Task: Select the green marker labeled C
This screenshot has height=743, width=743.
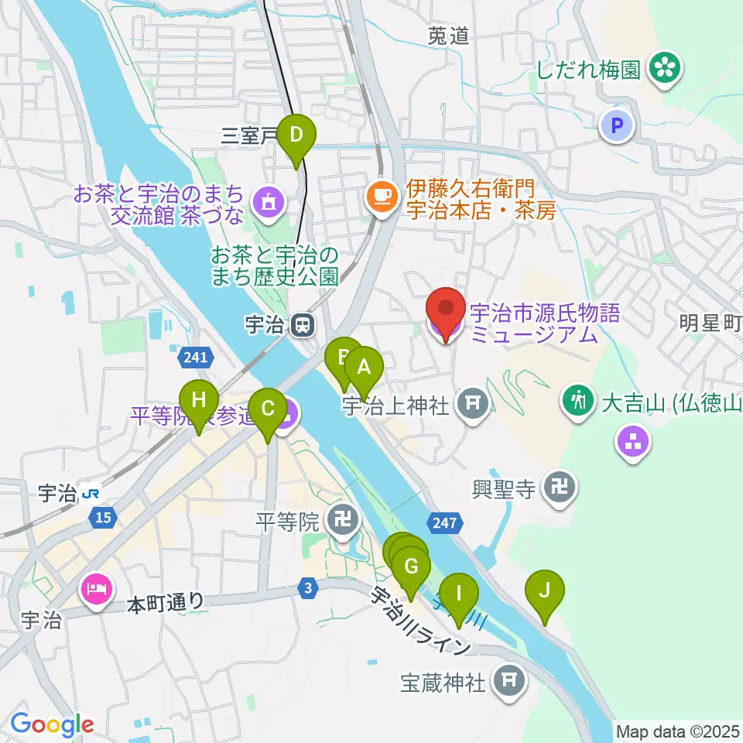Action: [269, 409]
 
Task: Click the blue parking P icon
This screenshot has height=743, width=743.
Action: [618, 125]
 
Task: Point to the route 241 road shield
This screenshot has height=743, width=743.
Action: [196, 358]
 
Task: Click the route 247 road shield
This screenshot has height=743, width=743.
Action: [445, 524]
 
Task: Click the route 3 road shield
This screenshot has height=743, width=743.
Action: [309, 589]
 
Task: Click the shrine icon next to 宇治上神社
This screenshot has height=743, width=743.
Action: [472, 402]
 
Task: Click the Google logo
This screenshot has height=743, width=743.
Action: [52, 724]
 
